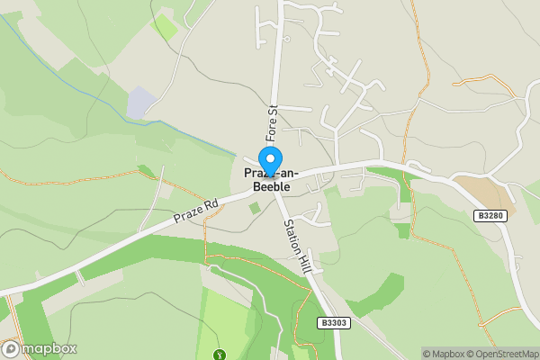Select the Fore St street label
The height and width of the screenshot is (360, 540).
point(269,119)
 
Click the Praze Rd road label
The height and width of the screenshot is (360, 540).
point(196,212)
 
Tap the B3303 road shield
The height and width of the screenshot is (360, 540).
point(332,322)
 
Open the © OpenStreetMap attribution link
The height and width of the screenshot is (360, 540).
point(501,354)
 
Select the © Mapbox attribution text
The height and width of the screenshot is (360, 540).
point(442,354)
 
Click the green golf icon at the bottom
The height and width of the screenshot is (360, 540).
point(219,355)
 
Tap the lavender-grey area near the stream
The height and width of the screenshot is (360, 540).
point(140,103)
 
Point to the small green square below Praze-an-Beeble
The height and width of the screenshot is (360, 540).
point(254,209)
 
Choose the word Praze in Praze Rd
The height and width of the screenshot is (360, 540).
point(187,217)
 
